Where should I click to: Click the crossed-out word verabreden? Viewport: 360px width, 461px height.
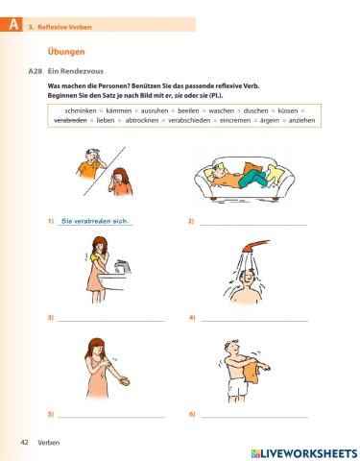click(71, 121)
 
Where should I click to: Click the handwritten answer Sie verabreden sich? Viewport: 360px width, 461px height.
click(95, 222)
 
